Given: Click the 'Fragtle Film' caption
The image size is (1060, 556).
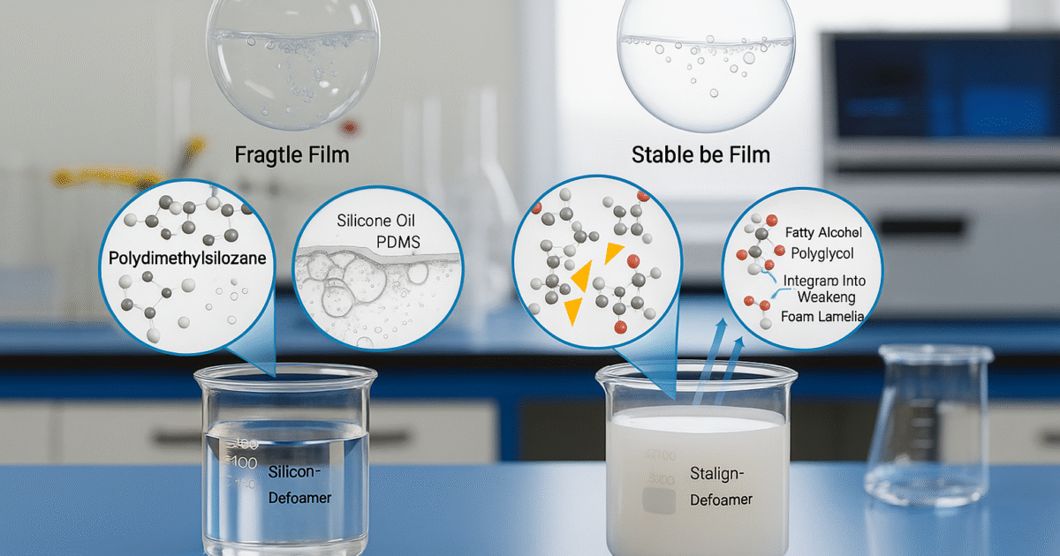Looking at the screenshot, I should coord(291,154).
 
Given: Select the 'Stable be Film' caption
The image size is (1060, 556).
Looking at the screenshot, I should coord(700,155).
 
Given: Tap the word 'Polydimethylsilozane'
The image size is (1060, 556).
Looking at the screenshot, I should coord(189,259).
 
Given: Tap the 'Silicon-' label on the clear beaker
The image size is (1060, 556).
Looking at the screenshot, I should coord(294,473).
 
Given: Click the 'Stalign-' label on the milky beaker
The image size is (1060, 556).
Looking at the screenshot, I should coord(717,474).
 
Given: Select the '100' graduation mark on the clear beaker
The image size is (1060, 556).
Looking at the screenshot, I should coord(244,462).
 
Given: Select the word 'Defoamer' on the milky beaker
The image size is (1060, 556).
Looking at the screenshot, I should coord(720,500).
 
